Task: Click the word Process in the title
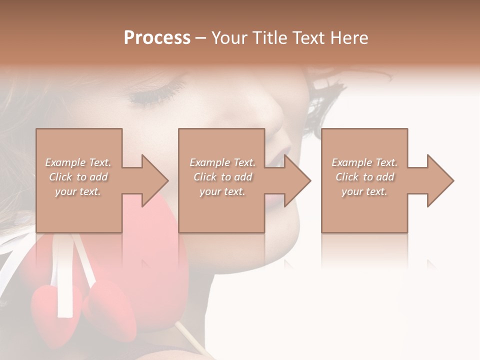(x=157, y=38)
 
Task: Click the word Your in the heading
(x=228, y=38)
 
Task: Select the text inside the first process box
(x=78, y=177)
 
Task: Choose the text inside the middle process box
(x=222, y=177)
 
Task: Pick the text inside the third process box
(x=364, y=177)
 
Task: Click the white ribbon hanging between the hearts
(x=65, y=280)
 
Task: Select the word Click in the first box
(x=60, y=177)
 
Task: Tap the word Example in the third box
(x=351, y=162)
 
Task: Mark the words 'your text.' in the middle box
(x=222, y=191)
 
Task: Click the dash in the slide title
(x=200, y=38)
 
